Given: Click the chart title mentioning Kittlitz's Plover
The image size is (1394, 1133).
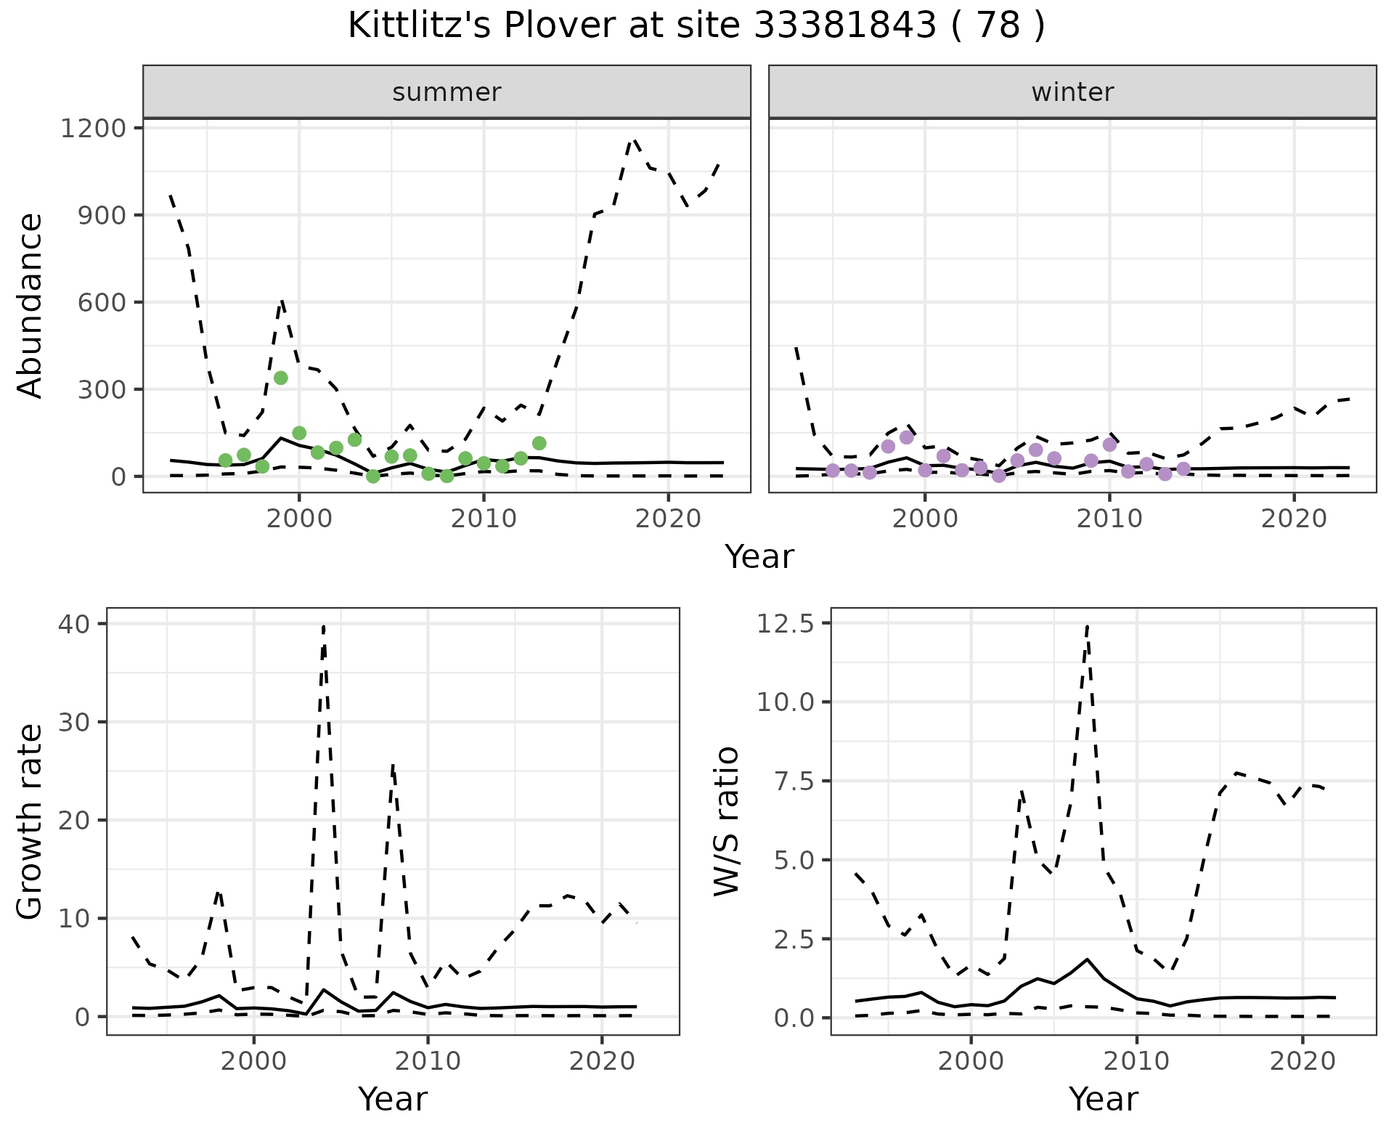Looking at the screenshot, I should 696,26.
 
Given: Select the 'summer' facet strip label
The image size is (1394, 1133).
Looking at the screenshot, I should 447,92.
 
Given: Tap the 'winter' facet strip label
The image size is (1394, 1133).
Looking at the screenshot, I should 1072,92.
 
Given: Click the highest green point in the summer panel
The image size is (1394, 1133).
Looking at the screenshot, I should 281,378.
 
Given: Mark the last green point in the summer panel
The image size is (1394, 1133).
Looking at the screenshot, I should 539,443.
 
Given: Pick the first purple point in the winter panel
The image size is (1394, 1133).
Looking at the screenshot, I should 833,471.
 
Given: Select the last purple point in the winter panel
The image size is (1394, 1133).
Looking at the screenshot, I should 1183,469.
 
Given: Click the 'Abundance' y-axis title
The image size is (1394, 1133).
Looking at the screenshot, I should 30,305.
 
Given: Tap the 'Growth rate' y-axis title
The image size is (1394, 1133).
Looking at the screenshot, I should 30,821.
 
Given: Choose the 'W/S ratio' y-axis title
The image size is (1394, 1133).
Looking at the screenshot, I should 726,821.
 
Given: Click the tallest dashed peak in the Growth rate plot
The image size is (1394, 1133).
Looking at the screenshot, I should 323,625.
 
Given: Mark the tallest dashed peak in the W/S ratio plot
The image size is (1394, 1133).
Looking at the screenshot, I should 1087,625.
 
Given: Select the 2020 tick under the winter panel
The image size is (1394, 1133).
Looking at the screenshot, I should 1293,519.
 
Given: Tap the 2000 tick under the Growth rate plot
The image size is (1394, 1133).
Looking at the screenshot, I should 253,1061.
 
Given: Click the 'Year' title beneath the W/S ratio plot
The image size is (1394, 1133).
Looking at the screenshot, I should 1103,1099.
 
